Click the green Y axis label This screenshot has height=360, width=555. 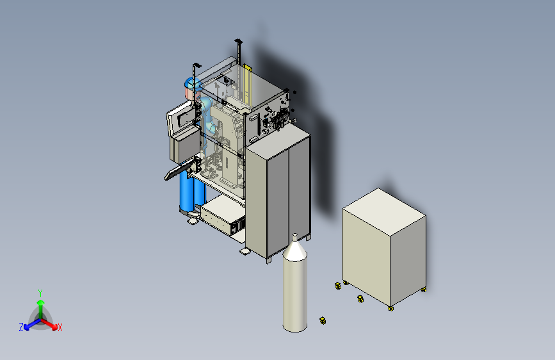(40, 293)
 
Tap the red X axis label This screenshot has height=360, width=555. (60, 327)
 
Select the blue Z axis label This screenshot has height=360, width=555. (21, 327)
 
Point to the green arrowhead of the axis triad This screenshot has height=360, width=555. (41, 302)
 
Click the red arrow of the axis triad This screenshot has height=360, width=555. (49, 324)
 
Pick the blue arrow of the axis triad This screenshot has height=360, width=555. (32, 324)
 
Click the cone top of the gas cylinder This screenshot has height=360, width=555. (295, 250)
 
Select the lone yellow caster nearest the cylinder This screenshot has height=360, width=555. (323, 321)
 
